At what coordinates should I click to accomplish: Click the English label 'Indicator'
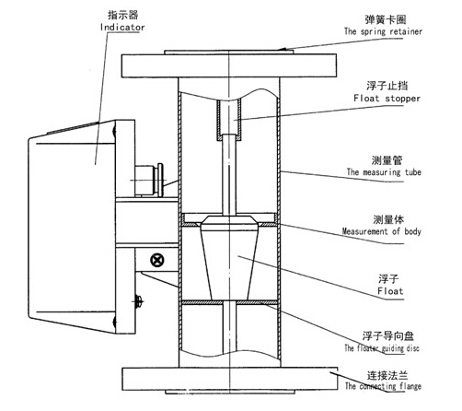[x=122, y=27]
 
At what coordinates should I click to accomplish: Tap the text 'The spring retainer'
[x=383, y=31]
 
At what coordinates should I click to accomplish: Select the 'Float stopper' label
[x=387, y=99]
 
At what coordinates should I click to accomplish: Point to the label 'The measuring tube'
[x=384, y=172]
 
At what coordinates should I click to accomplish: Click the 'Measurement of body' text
[x=382, y=231]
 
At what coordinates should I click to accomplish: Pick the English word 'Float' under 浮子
[x=390, y=290]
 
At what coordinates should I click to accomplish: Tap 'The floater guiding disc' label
[x=382, y=348]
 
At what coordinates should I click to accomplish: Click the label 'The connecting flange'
[x=383, y=386]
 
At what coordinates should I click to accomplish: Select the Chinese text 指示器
[x=123, y=15]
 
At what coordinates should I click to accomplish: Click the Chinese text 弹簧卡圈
[x=386, y=19]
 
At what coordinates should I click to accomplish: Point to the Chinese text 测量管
[x=387, y=160]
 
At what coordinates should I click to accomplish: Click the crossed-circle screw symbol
[x=157, y=260]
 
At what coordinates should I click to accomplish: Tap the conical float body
[x=229, y=258]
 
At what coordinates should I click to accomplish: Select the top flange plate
[x=229, y=65]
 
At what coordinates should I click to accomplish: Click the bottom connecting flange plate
[x=230, y=380]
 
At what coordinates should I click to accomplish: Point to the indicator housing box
[x=72, y=228]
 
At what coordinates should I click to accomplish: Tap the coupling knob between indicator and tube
[x=150, y=180]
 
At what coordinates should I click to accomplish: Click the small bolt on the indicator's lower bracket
[x=139, y=301]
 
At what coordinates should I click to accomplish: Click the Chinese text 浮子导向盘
[x=388, y=336]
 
